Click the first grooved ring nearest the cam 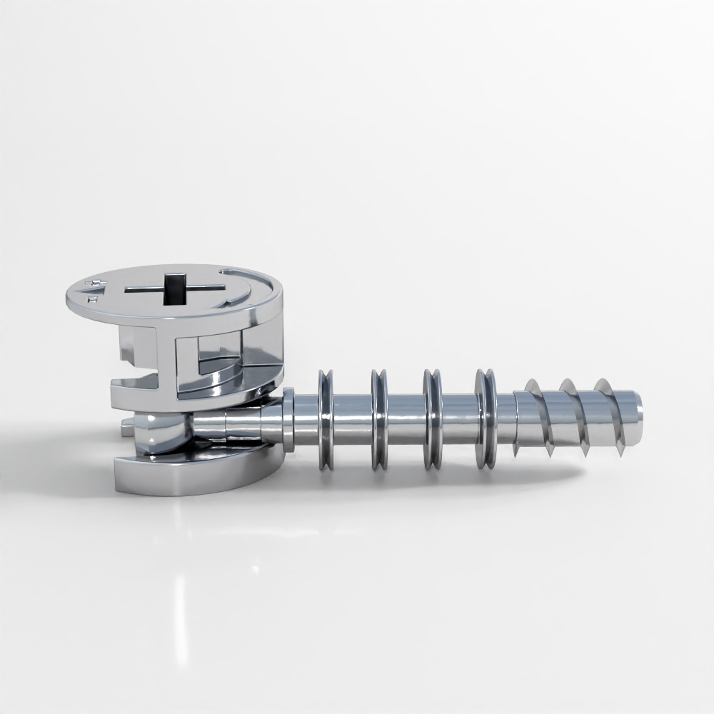coord(326,419)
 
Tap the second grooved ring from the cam coord(378,419)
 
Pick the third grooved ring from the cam coord(432,419)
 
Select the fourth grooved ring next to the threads coord(486,419)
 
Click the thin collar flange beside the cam coord(288,420)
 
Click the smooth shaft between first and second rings coord(352,420)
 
